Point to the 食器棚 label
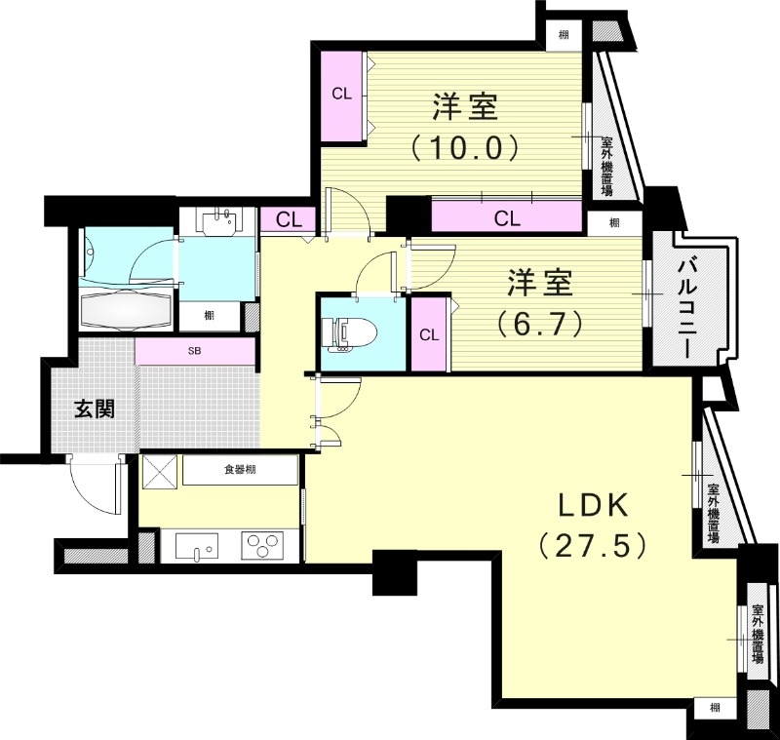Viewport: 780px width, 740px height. [240, 470]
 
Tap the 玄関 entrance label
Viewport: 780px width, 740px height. [96, 408]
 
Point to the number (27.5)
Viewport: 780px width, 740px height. [594, 546]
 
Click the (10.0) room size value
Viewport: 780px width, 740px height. [462, 148]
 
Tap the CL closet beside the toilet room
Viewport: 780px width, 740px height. [428, 334]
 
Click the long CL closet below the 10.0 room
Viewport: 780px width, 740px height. [506, 217]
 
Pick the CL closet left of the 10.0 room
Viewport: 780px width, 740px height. [341, 95]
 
